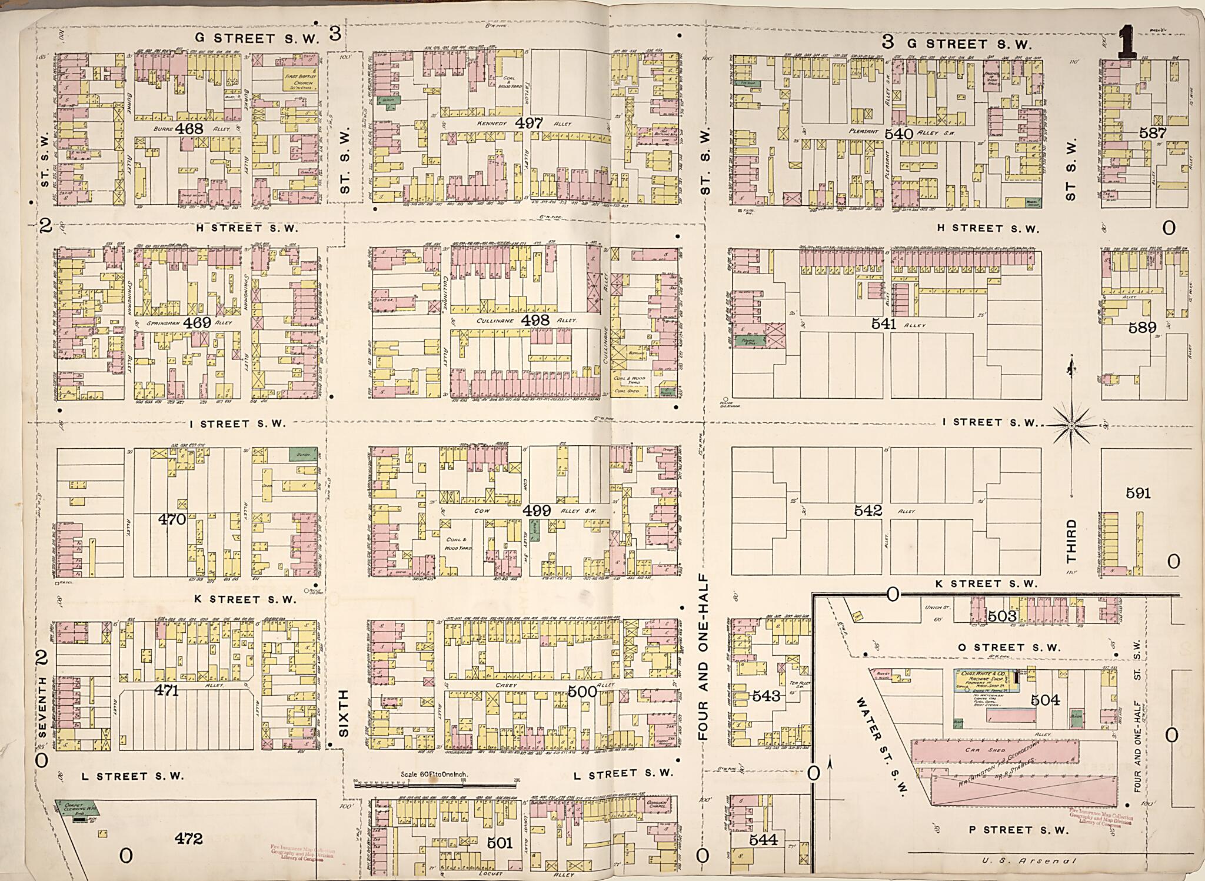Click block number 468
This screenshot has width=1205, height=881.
point(192,129)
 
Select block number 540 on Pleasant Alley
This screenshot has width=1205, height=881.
point(898,134)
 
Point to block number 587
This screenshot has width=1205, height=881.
point(1152,133)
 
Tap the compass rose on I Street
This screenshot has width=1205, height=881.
point(1071,425)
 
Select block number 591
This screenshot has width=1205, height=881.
point(1138,493)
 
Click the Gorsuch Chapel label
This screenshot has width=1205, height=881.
point(655,805)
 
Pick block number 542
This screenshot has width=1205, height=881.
point(868,510)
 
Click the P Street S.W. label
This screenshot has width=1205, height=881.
point(1018,830)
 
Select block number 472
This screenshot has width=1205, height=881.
point(188,839)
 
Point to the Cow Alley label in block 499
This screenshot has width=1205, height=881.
point(482,512)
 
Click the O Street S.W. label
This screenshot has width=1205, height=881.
point(1008,648)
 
